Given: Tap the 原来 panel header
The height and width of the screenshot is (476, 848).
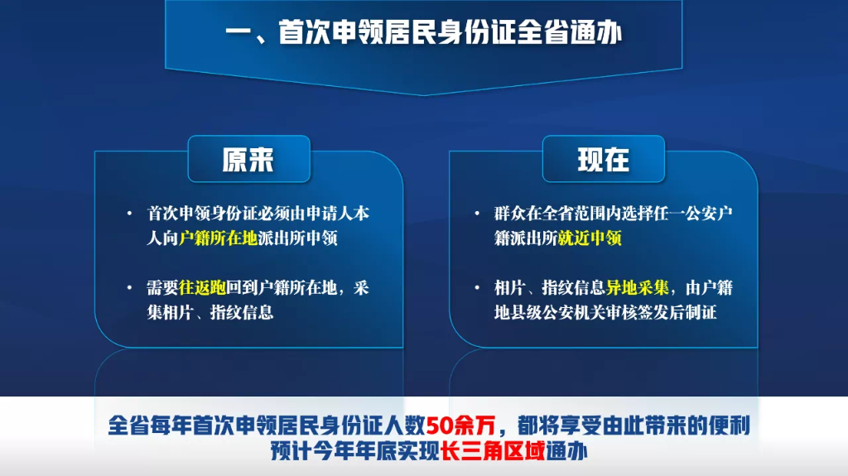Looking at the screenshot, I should tap(248, 159).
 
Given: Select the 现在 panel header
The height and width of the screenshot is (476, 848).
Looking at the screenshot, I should tap(603, 159).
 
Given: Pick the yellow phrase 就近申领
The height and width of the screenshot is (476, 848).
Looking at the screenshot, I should tap(590, 238).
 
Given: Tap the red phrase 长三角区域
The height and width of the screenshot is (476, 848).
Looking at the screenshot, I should tap(494, 452).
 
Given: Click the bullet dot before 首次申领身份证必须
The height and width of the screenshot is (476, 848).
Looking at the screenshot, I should tap(129, 214).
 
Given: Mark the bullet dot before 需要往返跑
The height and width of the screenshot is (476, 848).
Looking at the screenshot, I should tap(129, 288).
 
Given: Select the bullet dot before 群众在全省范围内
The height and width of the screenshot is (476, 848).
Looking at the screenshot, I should tap(477, 214).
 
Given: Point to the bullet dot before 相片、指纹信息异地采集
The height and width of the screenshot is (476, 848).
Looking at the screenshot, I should tap(477, 288).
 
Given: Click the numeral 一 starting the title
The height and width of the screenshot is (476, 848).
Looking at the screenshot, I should tap(238, 34).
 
